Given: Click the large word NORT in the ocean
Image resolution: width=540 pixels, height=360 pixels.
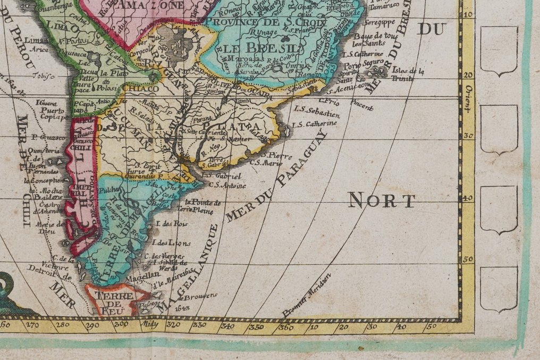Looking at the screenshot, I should click(x=382, y=200).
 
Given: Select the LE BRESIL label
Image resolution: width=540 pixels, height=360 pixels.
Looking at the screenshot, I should click(x=260, y=48).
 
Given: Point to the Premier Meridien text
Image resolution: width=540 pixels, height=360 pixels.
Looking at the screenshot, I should click(x=307, y=295).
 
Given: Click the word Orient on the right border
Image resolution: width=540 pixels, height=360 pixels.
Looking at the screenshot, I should click(x=468, y=98).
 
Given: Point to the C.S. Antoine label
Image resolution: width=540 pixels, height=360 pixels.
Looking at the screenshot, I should click(x=228, y=186).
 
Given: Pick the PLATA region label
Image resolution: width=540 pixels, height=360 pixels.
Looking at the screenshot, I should click(x=247, y=126).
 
